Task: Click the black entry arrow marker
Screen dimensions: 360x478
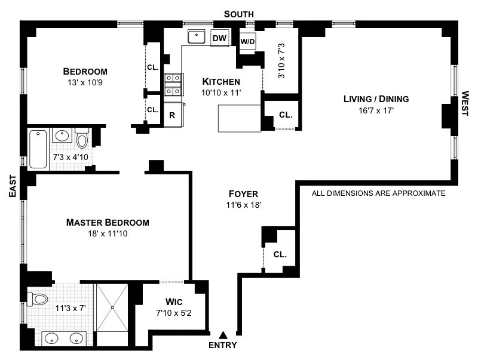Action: pos(223,336)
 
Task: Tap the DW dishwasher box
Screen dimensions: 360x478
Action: pos(220,39)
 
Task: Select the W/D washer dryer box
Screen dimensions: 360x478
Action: pos(247,42)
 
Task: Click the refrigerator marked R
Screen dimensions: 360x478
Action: pos(172,115)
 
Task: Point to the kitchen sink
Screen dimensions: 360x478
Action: pos(197,37)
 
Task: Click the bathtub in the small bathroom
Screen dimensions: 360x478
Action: pos(38,148)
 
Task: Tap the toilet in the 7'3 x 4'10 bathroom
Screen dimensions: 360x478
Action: pos(82,139)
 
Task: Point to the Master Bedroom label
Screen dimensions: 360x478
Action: pos(108,223)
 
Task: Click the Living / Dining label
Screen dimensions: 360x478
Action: pos(376,99)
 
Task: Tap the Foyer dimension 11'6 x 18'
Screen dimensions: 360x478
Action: pos(243,205)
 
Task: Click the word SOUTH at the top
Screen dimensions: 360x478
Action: pos(239,14)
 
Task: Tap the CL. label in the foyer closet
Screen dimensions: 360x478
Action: pos(280,254)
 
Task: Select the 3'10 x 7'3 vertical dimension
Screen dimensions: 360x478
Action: pos(281,61)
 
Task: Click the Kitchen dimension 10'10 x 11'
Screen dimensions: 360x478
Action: pos(220,93)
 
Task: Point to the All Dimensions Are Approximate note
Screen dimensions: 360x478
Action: pos(379,193)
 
